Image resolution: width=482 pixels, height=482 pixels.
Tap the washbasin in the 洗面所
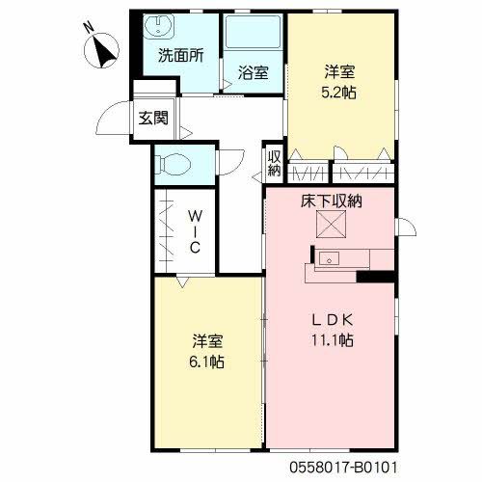pyautogui.click(x=159, y=25)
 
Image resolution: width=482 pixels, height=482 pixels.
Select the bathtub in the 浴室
pyautogui.click(x=253, y=32)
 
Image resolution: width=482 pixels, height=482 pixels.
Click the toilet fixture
pyautogui.click(x=173, y=165)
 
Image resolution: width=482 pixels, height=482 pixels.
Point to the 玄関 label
pyautogui.click(x=153, y=118)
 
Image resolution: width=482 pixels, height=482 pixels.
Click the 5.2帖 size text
pyautogui.click(x=338, y=93)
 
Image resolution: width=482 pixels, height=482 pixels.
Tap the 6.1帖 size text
pyautogui.click(x=206, y=362)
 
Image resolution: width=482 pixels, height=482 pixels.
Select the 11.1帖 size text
pyautogui.click(x=332, y=340)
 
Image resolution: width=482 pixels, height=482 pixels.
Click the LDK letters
pyautogui.click(x=333, y=320)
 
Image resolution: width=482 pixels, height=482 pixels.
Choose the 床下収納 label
pyautogui.click(x=332, y=201)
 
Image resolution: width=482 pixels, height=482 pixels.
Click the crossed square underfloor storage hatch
pyautogui.click(x=331, y=225)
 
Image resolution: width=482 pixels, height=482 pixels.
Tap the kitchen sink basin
pyautogui.click(x=329, y=258)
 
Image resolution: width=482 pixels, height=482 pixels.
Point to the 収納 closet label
pyautogui.click(x=275, y=164)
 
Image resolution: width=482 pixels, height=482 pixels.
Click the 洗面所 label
pyautogui.click(x=181, y=55)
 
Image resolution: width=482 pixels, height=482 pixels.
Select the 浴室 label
pyautogui.click(x=254, y=72)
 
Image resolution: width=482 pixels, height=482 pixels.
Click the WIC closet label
pyautogui.click(x=195, y=231)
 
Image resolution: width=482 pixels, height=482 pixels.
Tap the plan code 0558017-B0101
pyautogui.click(x=343, y=467)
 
